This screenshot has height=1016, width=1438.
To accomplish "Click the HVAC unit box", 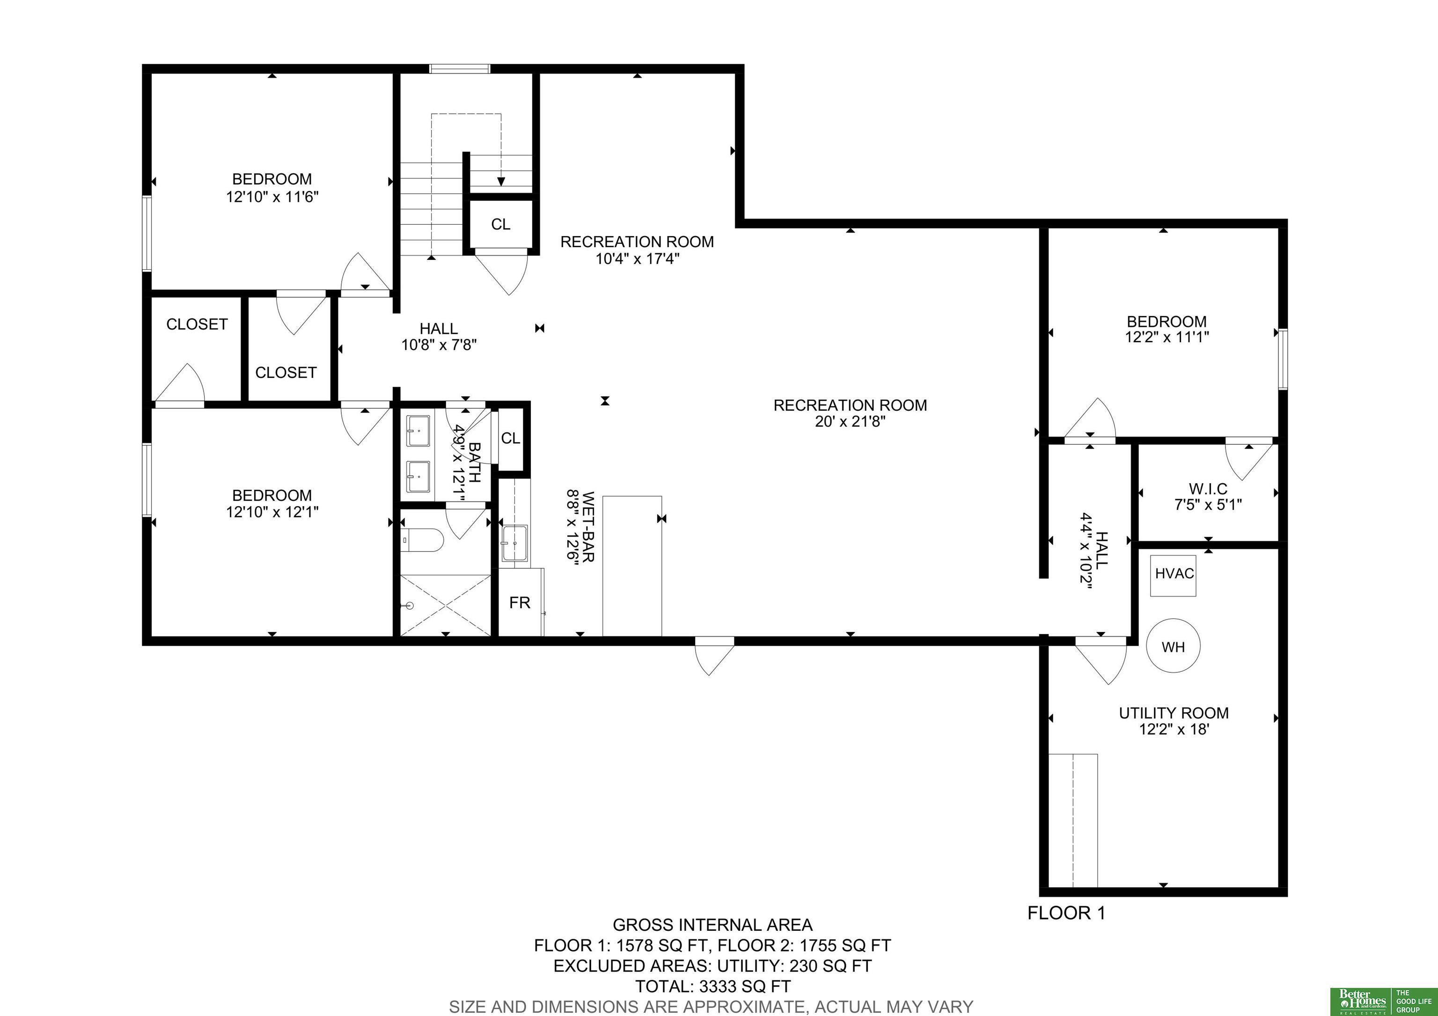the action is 1173,575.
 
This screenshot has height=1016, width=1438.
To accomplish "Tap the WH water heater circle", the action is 1173,646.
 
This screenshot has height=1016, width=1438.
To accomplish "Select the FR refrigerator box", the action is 521,602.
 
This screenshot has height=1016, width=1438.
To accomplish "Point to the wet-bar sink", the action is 514,543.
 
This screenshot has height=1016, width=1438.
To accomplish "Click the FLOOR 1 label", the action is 1067,913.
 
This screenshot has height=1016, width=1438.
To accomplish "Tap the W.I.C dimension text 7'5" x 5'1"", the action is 1208,504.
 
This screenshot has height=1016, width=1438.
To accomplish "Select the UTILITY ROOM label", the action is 1174,713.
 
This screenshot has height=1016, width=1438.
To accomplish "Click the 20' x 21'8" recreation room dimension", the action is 850,421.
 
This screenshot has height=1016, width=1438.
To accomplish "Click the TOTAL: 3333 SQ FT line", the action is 713,987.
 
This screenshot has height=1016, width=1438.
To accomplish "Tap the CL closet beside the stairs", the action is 500,224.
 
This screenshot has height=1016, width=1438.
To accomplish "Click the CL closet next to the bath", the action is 510,438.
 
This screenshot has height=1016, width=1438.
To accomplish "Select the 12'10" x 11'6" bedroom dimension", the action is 272,197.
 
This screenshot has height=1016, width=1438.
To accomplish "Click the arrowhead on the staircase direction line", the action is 501,182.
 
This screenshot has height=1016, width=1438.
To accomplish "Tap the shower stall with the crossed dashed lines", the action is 445,604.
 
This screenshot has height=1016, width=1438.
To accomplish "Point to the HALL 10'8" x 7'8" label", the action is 439,336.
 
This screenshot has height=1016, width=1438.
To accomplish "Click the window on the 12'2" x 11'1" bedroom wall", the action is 1283,359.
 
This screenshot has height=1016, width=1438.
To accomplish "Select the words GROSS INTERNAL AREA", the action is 713,925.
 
